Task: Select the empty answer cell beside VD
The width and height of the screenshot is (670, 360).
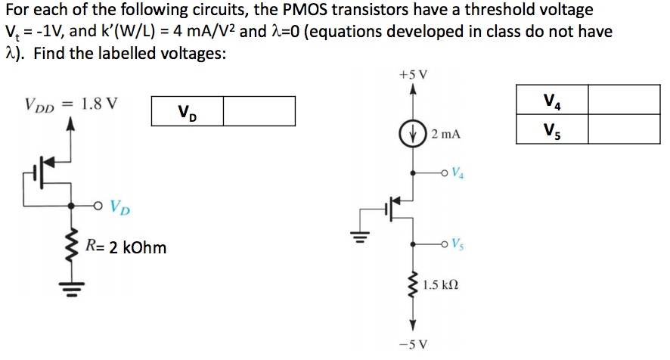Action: click(259, 111)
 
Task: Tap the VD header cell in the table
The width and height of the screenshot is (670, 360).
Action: click(187, 111)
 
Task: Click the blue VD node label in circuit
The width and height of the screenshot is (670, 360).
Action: click(119, 206)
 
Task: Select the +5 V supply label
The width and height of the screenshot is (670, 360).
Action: click(412, 76)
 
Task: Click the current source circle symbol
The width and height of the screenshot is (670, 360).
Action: click(412, 134)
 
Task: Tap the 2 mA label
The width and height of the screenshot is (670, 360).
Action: click(445, 135)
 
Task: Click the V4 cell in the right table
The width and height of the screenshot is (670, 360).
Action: click(551, 100)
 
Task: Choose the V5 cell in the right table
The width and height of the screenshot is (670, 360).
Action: click(551, 129)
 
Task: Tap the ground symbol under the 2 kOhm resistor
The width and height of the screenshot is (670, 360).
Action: click(73, 287)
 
